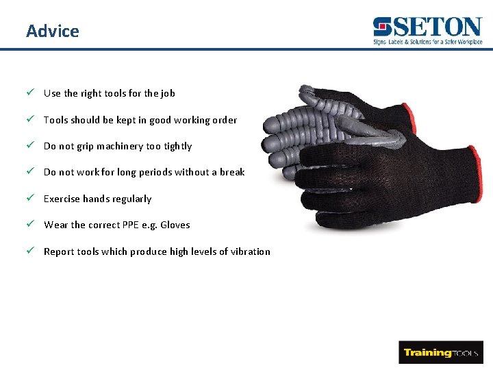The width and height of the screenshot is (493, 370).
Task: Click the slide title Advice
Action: [x=52, y=31]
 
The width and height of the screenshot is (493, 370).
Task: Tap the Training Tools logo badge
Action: [x=441, y=352]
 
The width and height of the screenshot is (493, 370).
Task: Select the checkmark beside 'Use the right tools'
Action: [x=30, y=92]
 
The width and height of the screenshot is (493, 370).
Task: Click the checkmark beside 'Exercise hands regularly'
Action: [x=30, y=198]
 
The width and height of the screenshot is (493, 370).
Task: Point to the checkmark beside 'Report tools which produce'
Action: [x=30, y=251]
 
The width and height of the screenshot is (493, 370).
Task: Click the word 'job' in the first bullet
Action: [x=168, y=93]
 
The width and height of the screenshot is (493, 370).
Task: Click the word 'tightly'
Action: [x=178, y=146]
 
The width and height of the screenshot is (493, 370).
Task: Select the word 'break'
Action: [x=232, y=172]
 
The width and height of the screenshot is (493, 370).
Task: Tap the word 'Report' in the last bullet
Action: [x=59, y=251]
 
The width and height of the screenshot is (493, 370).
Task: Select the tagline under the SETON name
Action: [x=427, y=42]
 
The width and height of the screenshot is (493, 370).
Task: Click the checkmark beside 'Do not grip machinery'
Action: [x=30, y=145]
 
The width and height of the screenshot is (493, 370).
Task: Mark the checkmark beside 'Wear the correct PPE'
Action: [x=30, y=224]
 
